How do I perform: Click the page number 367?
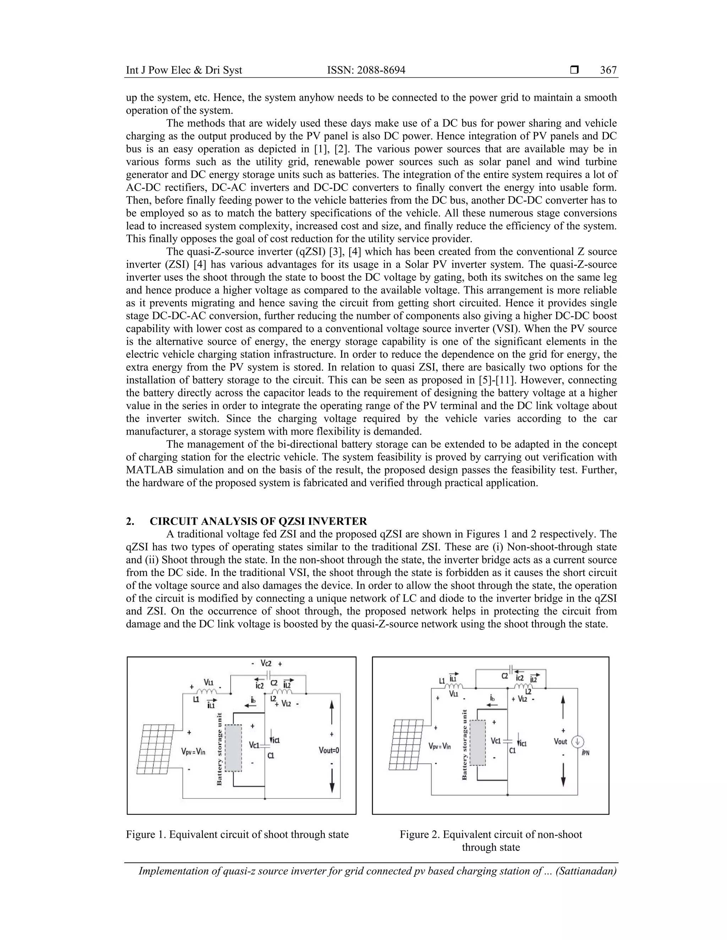608,70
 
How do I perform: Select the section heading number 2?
130,521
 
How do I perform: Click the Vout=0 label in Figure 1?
329,751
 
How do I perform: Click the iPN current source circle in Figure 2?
577,742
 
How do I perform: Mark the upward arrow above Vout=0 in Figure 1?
332,713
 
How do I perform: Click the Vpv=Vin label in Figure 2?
440,746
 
